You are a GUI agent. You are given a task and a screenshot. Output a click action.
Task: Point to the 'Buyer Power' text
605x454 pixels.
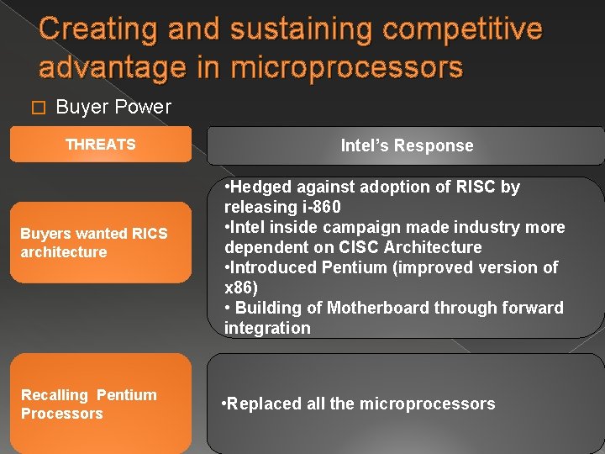click(113, 107)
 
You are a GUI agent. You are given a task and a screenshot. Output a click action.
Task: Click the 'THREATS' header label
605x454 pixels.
click(100, 145)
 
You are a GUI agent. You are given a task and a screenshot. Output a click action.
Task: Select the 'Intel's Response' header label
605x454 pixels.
click(407, 145)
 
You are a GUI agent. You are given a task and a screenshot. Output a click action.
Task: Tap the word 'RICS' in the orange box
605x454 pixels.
click(148, 234)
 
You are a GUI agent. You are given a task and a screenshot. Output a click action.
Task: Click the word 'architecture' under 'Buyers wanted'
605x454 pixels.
click(64, 252)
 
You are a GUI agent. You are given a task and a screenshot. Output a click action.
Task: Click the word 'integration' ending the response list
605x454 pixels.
click(267, 328)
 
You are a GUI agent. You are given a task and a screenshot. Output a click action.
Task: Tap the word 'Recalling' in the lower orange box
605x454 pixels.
click(55, 395)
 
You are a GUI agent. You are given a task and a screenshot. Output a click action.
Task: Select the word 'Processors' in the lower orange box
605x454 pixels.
click(62, 414)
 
